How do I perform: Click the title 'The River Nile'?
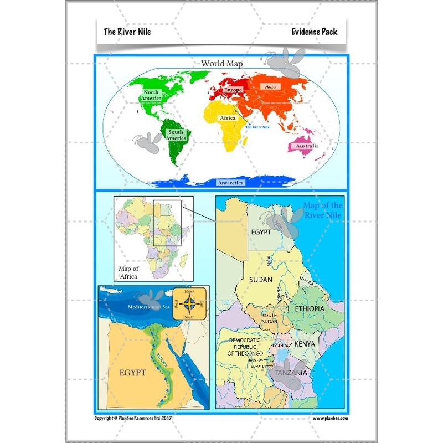127,32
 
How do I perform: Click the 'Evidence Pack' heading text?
315,32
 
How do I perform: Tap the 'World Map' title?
221,64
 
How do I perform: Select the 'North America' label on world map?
151,95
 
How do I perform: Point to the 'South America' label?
176,135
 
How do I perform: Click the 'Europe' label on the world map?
233,90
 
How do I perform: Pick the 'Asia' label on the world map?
270,87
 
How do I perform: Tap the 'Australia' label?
307,146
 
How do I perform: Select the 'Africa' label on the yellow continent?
228,118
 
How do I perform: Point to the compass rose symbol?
189,303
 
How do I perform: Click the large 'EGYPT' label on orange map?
133,373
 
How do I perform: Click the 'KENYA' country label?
305,344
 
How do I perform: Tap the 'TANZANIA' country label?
287,373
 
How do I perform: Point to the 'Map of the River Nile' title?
322,210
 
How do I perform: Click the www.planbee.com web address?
329,419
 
